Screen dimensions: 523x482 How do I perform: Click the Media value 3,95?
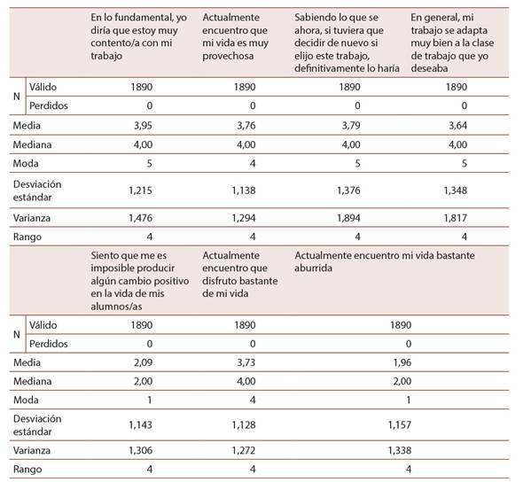(x=143, y=125)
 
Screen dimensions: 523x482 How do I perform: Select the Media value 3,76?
(x=246, y=125)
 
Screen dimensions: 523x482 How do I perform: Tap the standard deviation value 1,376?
(x=348, y=190)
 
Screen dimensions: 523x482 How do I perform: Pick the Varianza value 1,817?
(x=456, y=218)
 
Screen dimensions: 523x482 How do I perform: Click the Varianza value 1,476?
(x=140, y=218)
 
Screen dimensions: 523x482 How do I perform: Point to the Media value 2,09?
(x=143, y=362)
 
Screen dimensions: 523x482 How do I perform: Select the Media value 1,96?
(x=402, y=362)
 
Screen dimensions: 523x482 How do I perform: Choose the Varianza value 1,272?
(x=244, y=450)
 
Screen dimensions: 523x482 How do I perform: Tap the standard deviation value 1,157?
(x=400, y=424)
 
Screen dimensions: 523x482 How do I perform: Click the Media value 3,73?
(x=246, y=362)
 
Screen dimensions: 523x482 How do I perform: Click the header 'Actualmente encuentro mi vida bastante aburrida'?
(x=385, y=261)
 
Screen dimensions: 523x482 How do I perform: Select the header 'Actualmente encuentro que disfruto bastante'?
(x=240, y=275)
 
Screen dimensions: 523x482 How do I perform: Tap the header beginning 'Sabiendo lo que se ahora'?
(x=347, y=43)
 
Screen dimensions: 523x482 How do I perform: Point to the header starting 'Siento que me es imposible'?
(x=140, y=281)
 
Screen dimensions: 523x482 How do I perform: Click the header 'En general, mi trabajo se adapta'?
(x=452, y=43)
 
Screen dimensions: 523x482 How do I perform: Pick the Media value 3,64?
(x=457, y=125)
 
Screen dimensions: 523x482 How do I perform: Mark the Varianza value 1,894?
(x=348, y=218)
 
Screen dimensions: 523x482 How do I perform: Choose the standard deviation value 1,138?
(x=244, y=190)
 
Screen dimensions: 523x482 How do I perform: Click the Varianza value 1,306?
(x=140, y=450)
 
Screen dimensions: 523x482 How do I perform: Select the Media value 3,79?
(x=351, y=125)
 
